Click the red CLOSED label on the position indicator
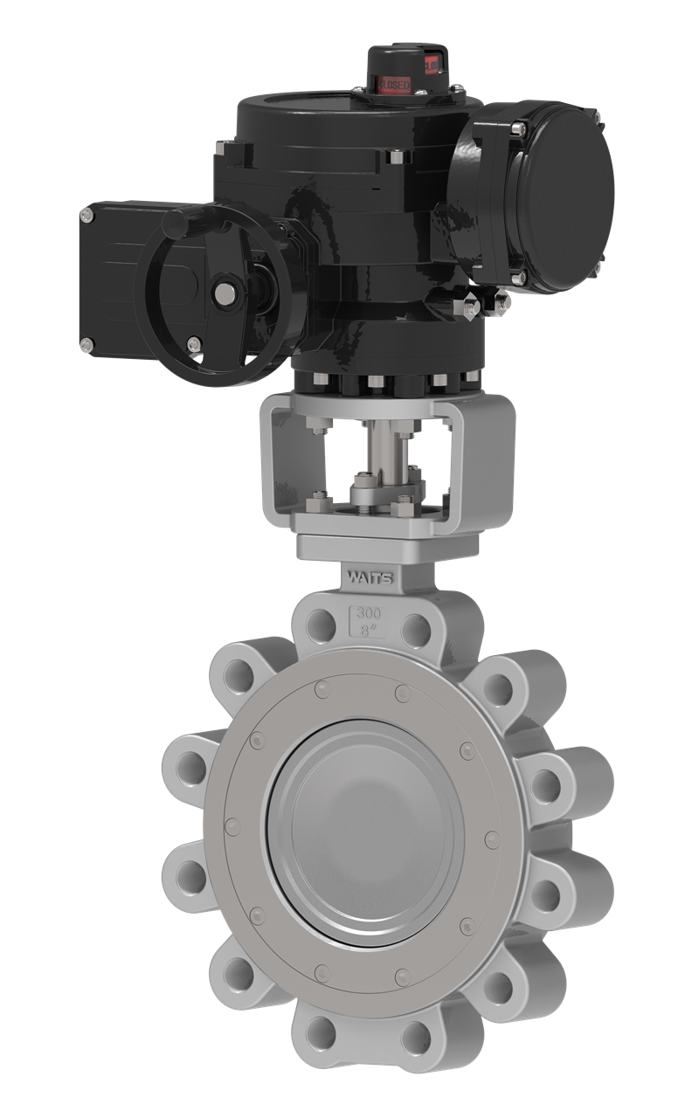[x=393, y=84]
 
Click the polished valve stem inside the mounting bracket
[x=384, y=446]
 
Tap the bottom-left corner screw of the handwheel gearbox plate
[x=87, y=344]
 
